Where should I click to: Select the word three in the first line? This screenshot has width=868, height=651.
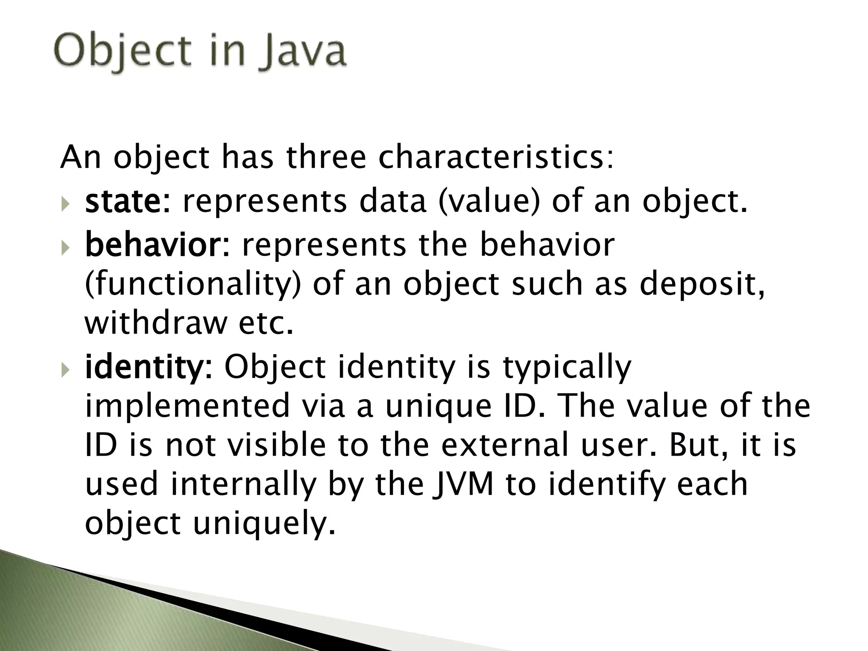click(x=325, y=157)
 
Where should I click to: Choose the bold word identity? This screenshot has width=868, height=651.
click(x=145, y=367)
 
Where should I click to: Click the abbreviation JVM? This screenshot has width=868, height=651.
click(x=463, y=484)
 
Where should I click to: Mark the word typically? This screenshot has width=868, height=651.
click(x=567, y=367)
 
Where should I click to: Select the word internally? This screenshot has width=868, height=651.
click(x=244, y=484)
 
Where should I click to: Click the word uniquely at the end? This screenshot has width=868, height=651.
click(x=264, y=524)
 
